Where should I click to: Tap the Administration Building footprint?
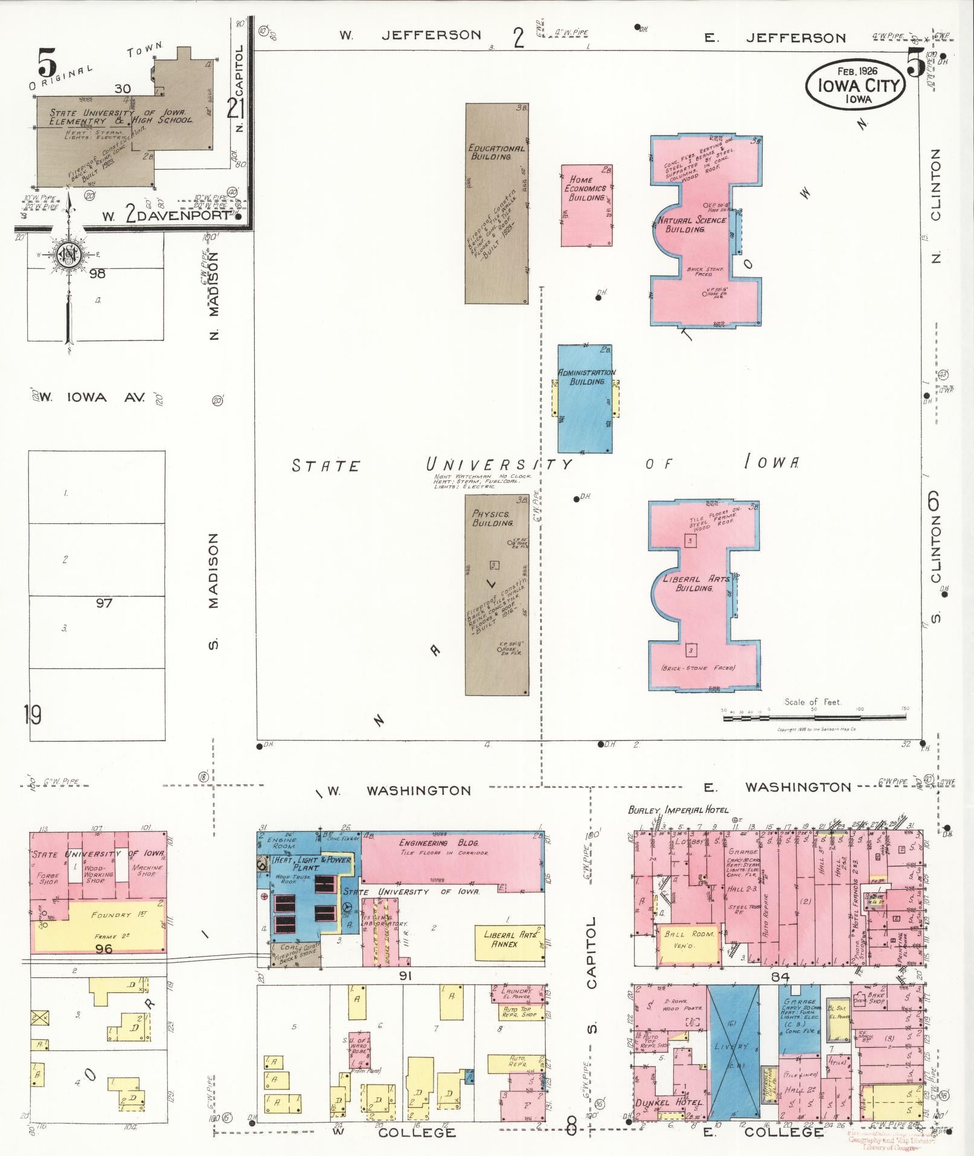click(x=585, y=399)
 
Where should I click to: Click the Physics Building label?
click(x=492, y=518)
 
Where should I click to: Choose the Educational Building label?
click(x=496, y=152)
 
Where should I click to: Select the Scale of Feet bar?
click(x=814, y=718)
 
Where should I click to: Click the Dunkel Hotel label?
click(x=670, y=1103)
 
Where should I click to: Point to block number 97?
click(x=104, y=602)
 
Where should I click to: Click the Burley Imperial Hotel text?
click(x=678, y=810)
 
